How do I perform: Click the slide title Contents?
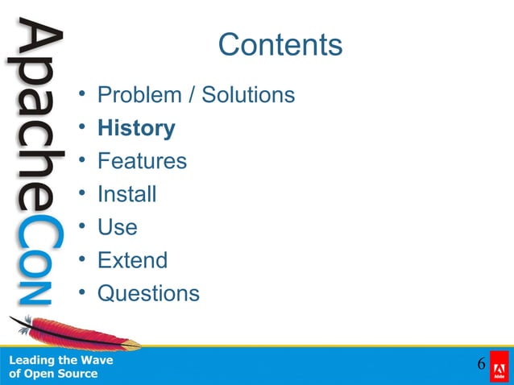click(x=280, y=45)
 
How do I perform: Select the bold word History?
click(x=136, y=128)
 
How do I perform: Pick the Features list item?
click(x=142, y=161)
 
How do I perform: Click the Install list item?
click(x=126, y=194)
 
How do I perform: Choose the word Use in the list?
click(x=117, y=227)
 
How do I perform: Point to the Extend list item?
click(x=132, y=260)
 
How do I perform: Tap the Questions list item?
click(x=148, y=293)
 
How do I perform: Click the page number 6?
click(x=481, y=365)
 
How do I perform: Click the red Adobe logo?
click(x=499, y=366)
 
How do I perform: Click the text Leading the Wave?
click(x=61, y=360)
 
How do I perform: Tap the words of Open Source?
click(x=53, y=374)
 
